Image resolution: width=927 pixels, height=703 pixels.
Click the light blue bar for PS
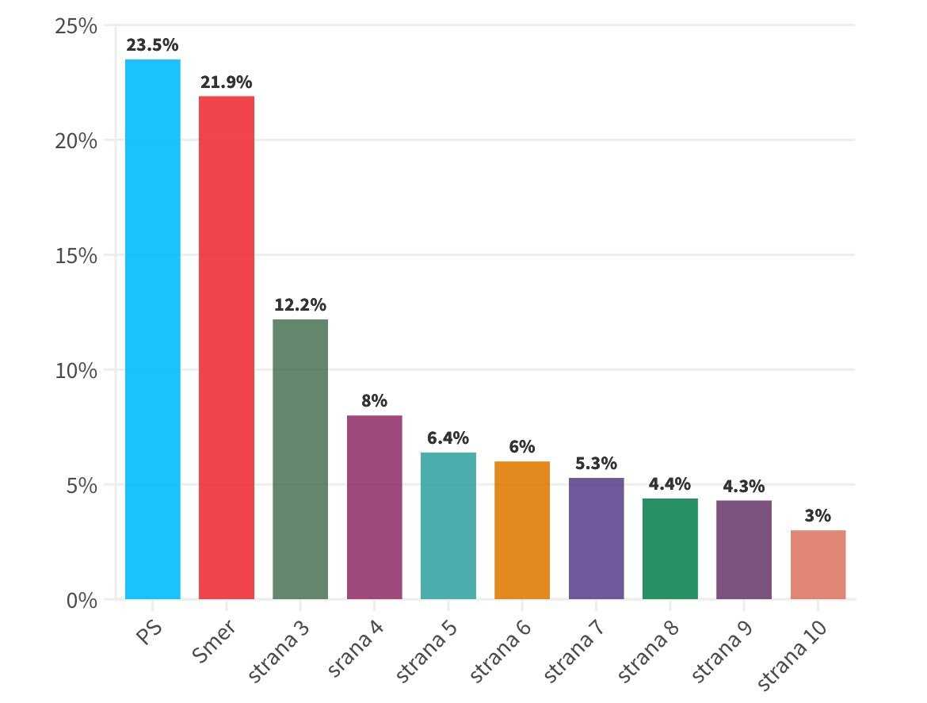click(153, 329)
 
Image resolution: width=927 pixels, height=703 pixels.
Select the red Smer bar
click(227, 347)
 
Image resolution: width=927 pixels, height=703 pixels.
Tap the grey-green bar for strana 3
click(300, 459)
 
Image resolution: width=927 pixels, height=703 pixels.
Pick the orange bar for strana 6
click(522, 530)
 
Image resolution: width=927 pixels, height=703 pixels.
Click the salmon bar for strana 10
click(818, 564)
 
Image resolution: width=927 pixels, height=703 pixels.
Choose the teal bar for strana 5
click(448, 525)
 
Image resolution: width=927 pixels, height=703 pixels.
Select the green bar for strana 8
click(669, 548)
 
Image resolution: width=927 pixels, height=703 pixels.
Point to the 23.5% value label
click(153, 45)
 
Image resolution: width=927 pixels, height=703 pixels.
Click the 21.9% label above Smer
click(227, 82)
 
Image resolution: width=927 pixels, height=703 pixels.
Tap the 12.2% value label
click(300, 305)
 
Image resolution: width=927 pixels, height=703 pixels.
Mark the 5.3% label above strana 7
click(596, 464)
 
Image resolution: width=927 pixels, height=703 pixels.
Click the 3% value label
click(818, 516)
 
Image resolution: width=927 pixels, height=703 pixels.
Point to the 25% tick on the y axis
click(76, 26)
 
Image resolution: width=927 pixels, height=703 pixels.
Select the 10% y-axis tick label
click(76, 370)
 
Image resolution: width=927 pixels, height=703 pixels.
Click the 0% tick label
click(82, 601)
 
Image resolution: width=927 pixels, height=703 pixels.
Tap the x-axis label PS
click(150, 632)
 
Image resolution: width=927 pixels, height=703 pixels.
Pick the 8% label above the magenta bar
click(374, 401)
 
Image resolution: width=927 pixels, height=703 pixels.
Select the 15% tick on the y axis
click(76, 256)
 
